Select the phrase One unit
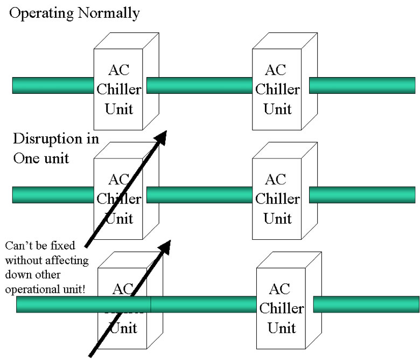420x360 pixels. pos(40,160)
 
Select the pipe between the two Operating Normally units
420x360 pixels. pos(199,85)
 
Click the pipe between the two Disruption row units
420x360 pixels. pos(199,195)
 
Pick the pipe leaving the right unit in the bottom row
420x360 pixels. pos(366,304)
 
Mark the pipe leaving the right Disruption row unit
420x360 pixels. pos(362,195)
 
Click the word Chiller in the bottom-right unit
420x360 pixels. pos(281,308)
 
